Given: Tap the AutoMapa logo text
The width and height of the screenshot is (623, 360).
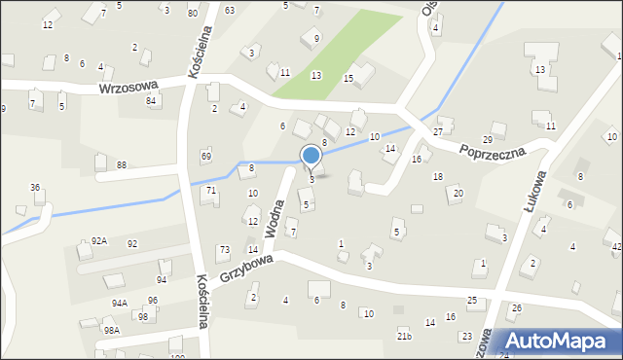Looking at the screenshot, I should click(x=560, y=341).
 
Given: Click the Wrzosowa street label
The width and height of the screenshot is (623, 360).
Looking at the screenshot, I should click(x=128, y=89).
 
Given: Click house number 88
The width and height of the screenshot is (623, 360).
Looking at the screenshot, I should click(x=122, y=165).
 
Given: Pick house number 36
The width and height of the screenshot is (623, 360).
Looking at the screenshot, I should click(x=35, y=187).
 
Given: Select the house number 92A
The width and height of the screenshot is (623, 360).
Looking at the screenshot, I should click(x=99, y=239).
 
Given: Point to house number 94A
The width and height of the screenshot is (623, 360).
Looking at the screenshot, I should click(x=119, y=303).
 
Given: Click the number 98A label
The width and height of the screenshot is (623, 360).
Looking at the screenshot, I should click(x=112, y=330).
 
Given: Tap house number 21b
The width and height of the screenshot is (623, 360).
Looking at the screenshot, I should click(x=404, y=336).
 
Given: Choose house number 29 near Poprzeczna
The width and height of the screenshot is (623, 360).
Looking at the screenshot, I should click(x=500, y=126).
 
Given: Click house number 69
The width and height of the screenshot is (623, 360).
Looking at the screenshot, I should click(x=206, y=156).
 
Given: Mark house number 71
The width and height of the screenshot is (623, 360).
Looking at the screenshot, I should click(x=210, y=191).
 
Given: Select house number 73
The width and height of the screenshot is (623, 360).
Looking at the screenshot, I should click(x=224, y=250).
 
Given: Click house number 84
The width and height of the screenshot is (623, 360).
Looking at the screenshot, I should click(x=151, y=101).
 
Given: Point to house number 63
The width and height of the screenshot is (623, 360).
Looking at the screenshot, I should click(x=230, y=10).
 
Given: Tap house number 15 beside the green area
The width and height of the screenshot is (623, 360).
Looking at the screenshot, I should click(x=348, y=78).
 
